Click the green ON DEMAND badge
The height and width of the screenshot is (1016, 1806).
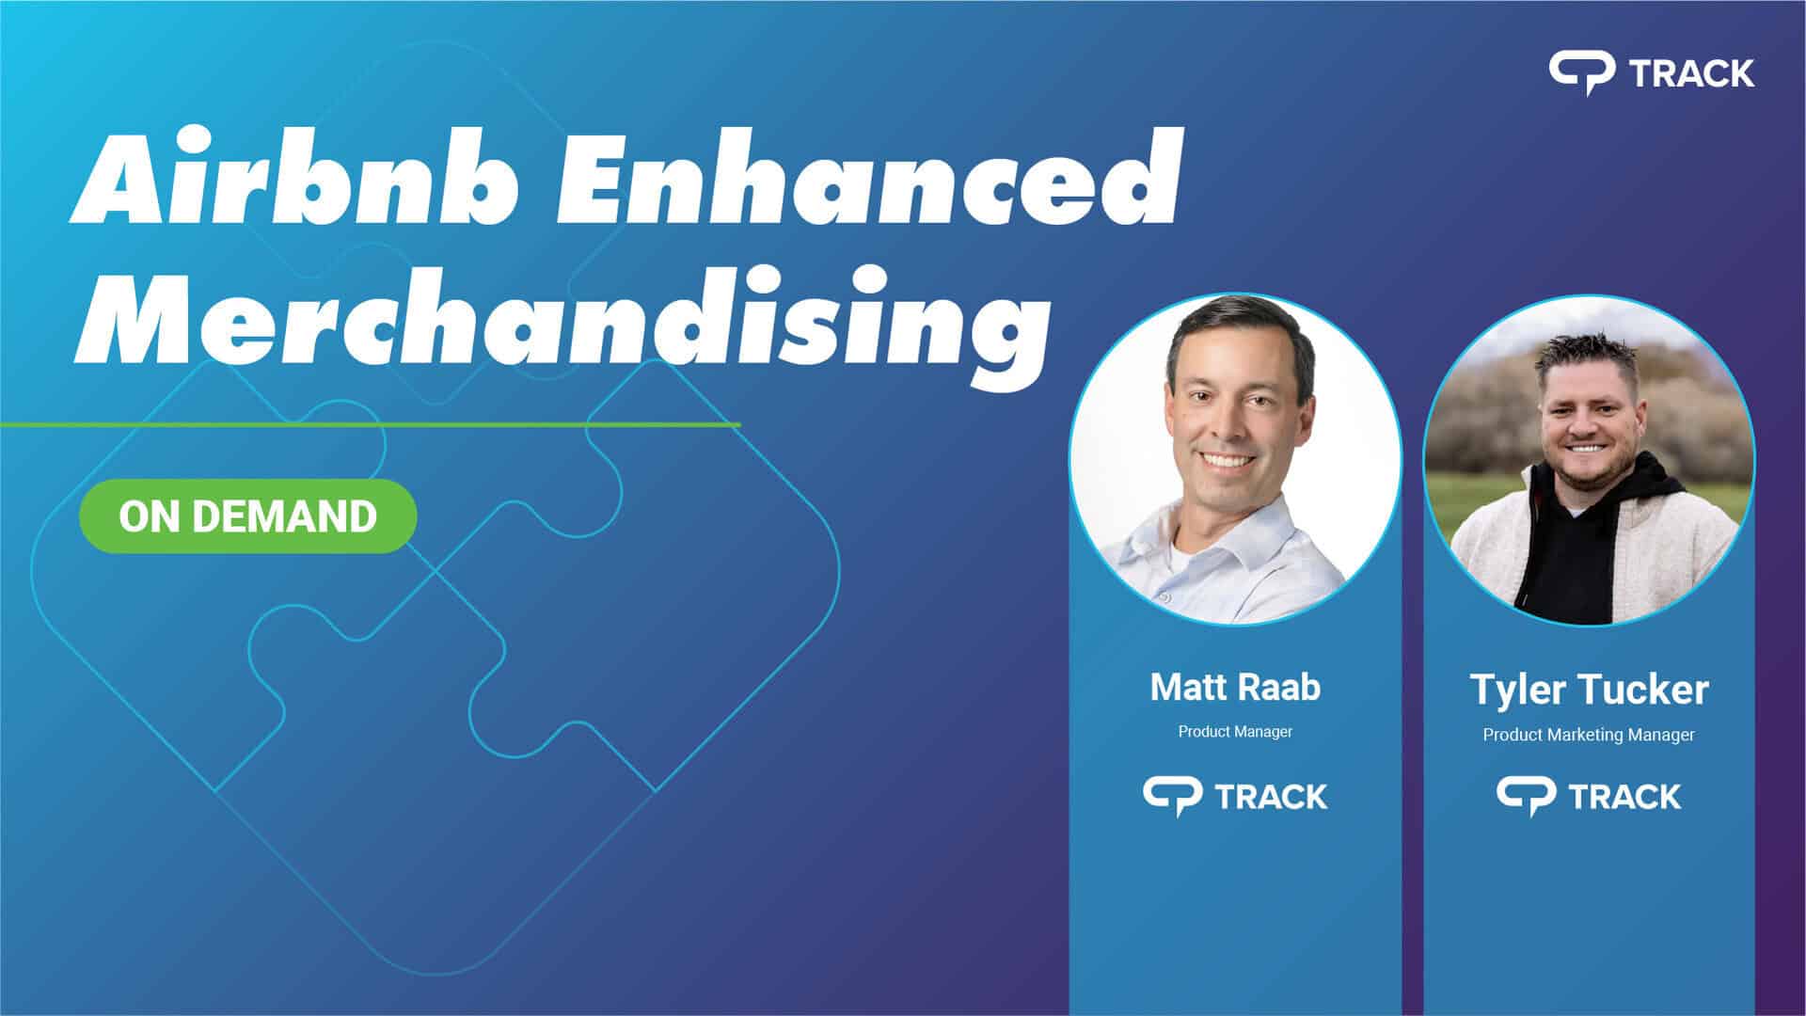click(247, 516)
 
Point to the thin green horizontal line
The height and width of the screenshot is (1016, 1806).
click(370, 425)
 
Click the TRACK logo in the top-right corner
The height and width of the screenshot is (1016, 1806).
click(1651, 73)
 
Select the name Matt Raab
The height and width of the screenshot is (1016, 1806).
click(1235, 688)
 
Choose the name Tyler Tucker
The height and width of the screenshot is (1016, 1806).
click(1589, 690)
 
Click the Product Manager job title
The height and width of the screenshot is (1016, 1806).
click(1235, 732)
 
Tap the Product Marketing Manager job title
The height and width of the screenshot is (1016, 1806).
click(1589, 735)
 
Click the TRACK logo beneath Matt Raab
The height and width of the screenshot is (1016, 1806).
click(1235, 797)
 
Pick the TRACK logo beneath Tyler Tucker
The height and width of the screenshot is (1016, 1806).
click(1589, 797)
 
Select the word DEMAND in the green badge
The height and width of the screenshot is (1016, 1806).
click(285, 516)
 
